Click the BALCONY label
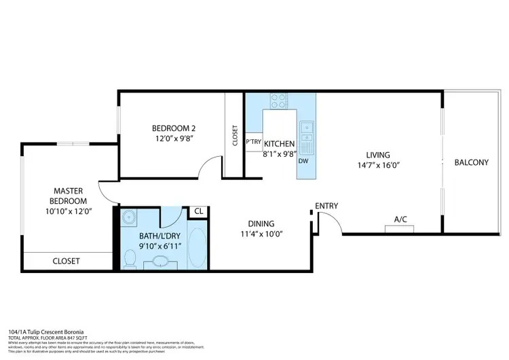(x=471, y=162)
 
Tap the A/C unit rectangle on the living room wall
(x=400, y=228)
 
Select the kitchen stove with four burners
(x=279, y=101)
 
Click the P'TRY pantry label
(x=254, y=143)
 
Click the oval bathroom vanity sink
(x=162, y=261)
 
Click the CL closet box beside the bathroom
(x=198, y=211)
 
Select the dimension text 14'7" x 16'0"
(x=378, y=166)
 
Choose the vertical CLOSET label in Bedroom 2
(x=235, y=137)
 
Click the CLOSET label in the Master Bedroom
(x=67, y=262)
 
